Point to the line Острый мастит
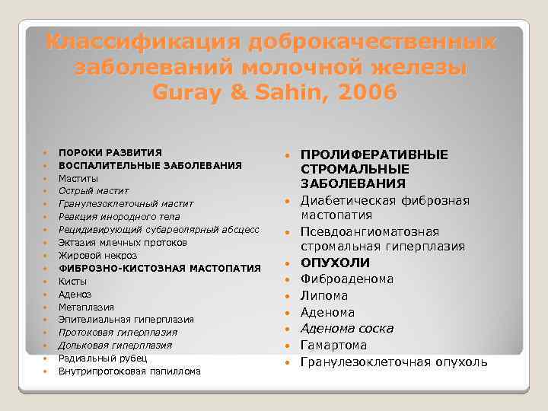pyautogui.click(x=94, y=190)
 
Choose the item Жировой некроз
pyautogui.click(x=97, y=255)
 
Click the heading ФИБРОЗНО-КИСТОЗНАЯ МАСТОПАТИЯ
pyautogui.click(x=160, y=268)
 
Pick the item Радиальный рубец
pyautogui.click(x=103, y=358)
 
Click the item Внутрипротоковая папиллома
pyautogui.click(x=129, y=371)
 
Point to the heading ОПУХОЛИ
pyautogui.click(x=335, y=263)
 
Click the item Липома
pyautogui.click(x=324, y=295)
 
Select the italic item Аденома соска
pyautogui.click(x=347, y=328)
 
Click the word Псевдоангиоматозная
pyautogui.click(x=370, y=231)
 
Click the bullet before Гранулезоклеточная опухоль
pyautogui.click(x=288, y=362)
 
